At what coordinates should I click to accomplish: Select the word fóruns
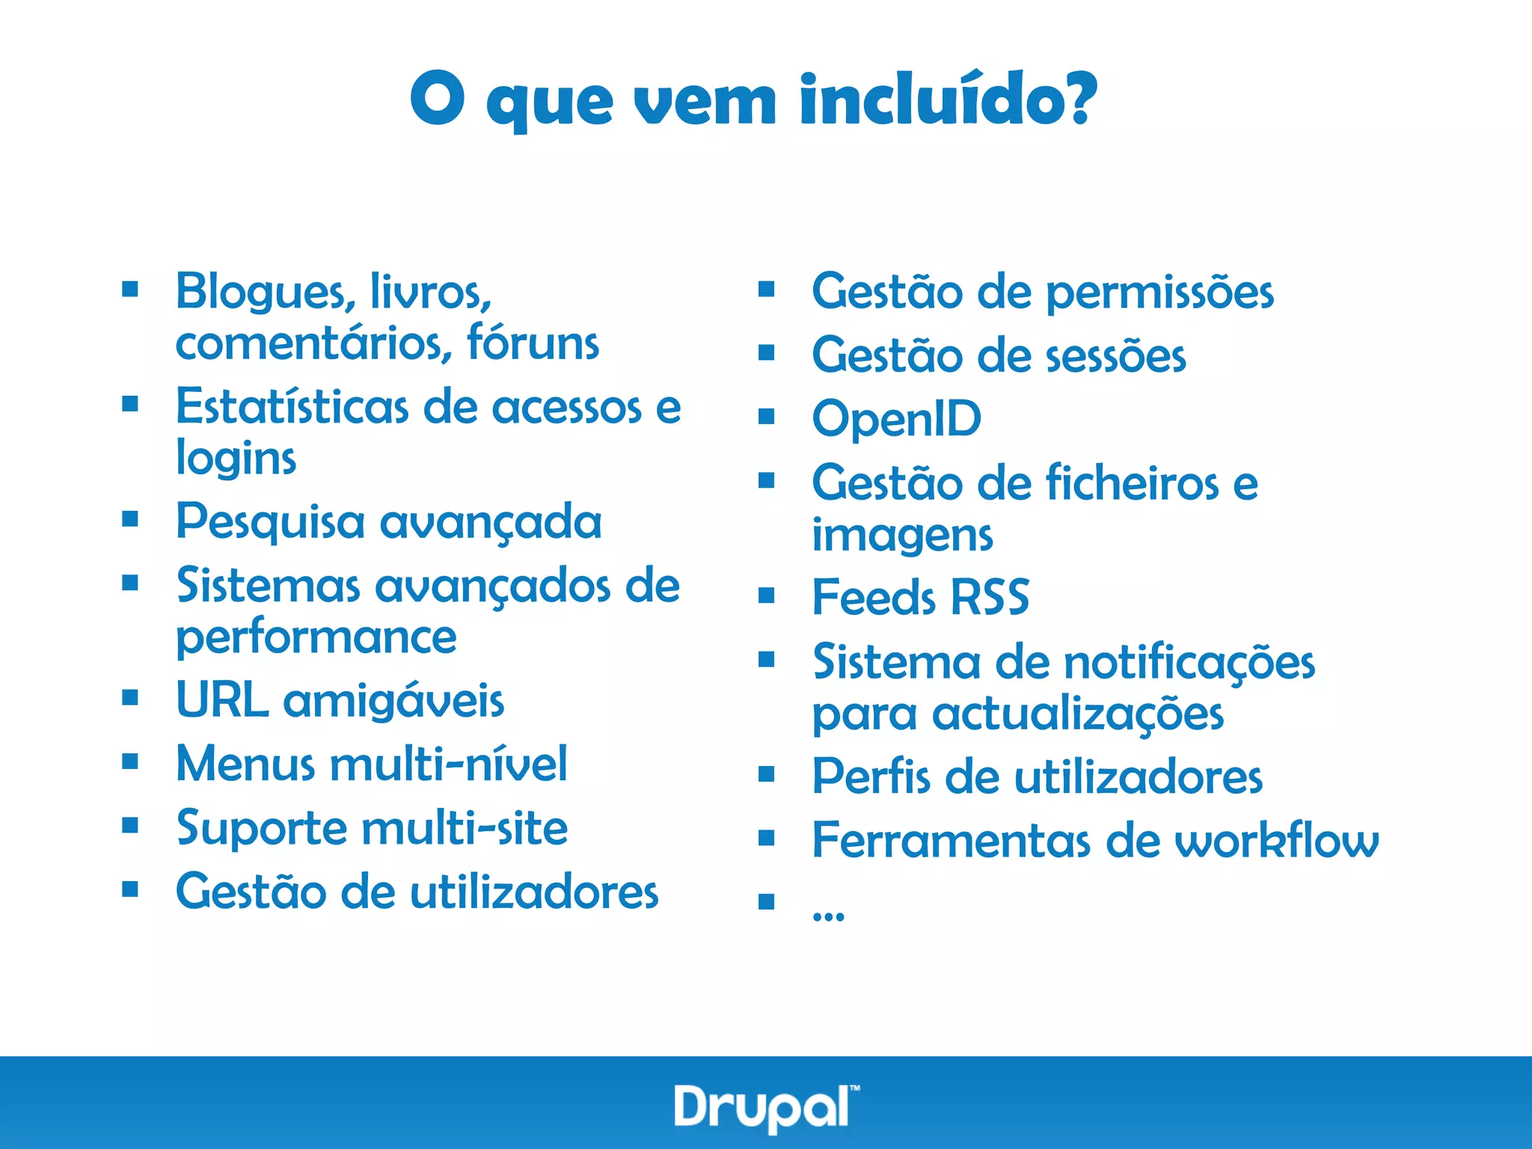coord(533,343)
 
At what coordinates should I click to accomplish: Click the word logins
coord(236,459)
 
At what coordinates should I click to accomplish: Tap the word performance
coord(316,638)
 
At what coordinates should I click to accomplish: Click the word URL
coord(222,701)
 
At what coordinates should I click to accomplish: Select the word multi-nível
coord(449,765)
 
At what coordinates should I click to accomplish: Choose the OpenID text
coord(897,420)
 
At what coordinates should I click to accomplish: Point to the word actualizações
coord(1078,714)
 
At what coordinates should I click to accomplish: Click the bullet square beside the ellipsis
coord(766,901)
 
